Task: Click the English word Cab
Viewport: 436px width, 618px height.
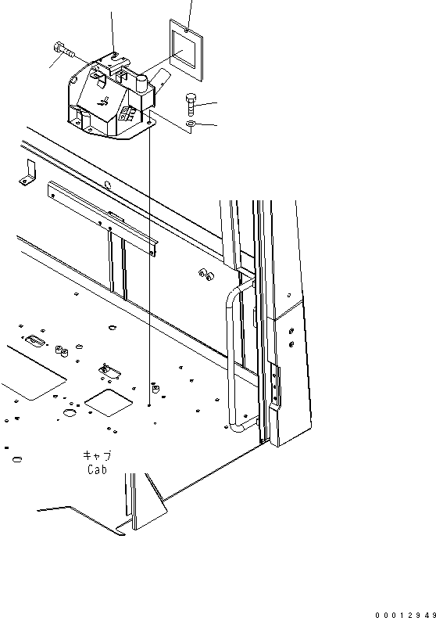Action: coord(97,469)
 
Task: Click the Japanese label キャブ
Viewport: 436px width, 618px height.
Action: coord(97,456)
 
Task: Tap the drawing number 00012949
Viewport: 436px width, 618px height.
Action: coord(406,614)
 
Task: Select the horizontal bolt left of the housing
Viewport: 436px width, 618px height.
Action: coord(63,50)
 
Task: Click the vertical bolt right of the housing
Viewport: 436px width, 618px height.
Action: coord(191,104)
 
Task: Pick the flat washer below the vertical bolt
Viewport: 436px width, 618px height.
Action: coord(191,124)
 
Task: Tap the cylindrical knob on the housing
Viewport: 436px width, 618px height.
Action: coord(141,84)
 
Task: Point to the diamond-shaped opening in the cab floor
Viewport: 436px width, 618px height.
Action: coord(109,402)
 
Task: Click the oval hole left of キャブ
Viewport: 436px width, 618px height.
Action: coord(17,459)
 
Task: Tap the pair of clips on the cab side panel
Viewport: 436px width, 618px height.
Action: coord(205,274)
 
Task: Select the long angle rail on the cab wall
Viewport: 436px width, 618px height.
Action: coord(102,218)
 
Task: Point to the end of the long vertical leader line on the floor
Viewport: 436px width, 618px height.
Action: coord(149,405)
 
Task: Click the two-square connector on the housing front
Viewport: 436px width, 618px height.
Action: coord(125,114)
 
